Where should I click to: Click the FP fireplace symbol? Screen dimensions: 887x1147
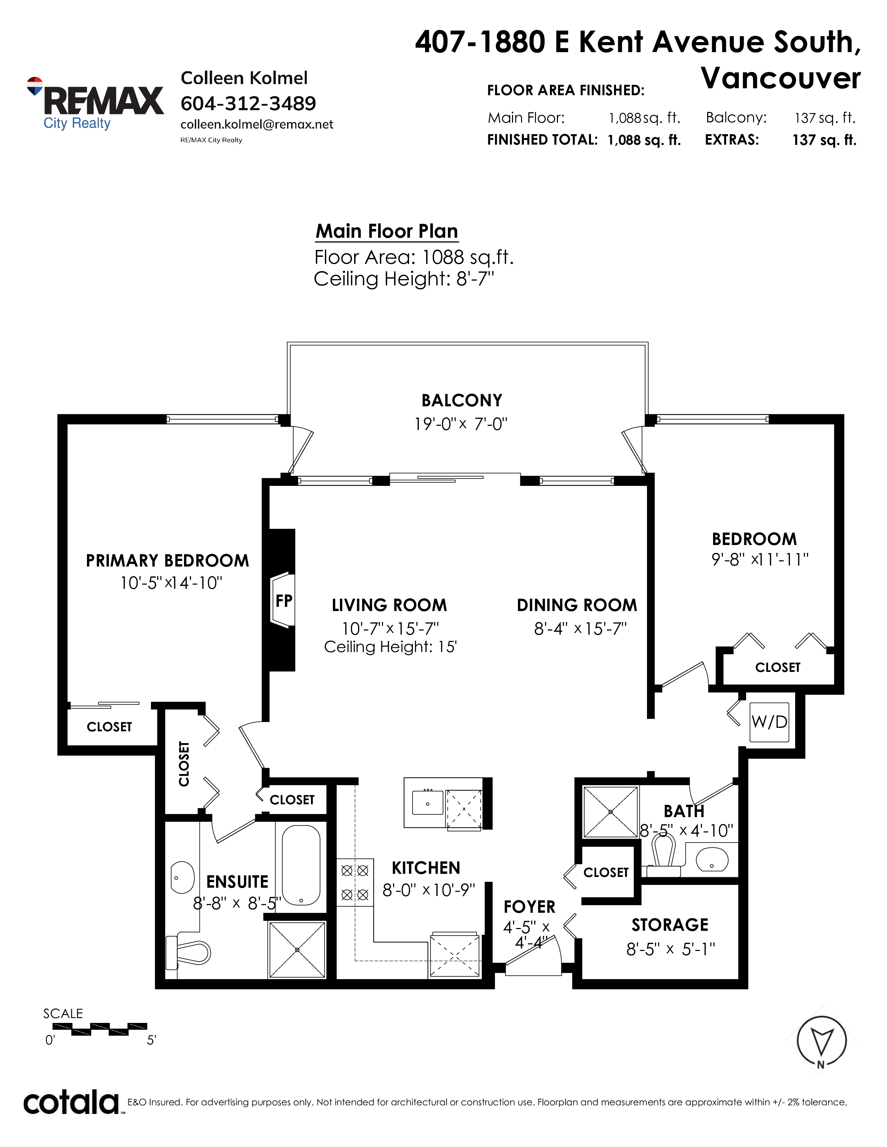(283, 600)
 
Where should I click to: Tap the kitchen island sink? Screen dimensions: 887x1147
(428, 803)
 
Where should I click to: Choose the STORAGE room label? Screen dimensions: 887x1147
(670, 925)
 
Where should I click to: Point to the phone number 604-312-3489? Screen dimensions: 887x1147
(248, 104)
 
